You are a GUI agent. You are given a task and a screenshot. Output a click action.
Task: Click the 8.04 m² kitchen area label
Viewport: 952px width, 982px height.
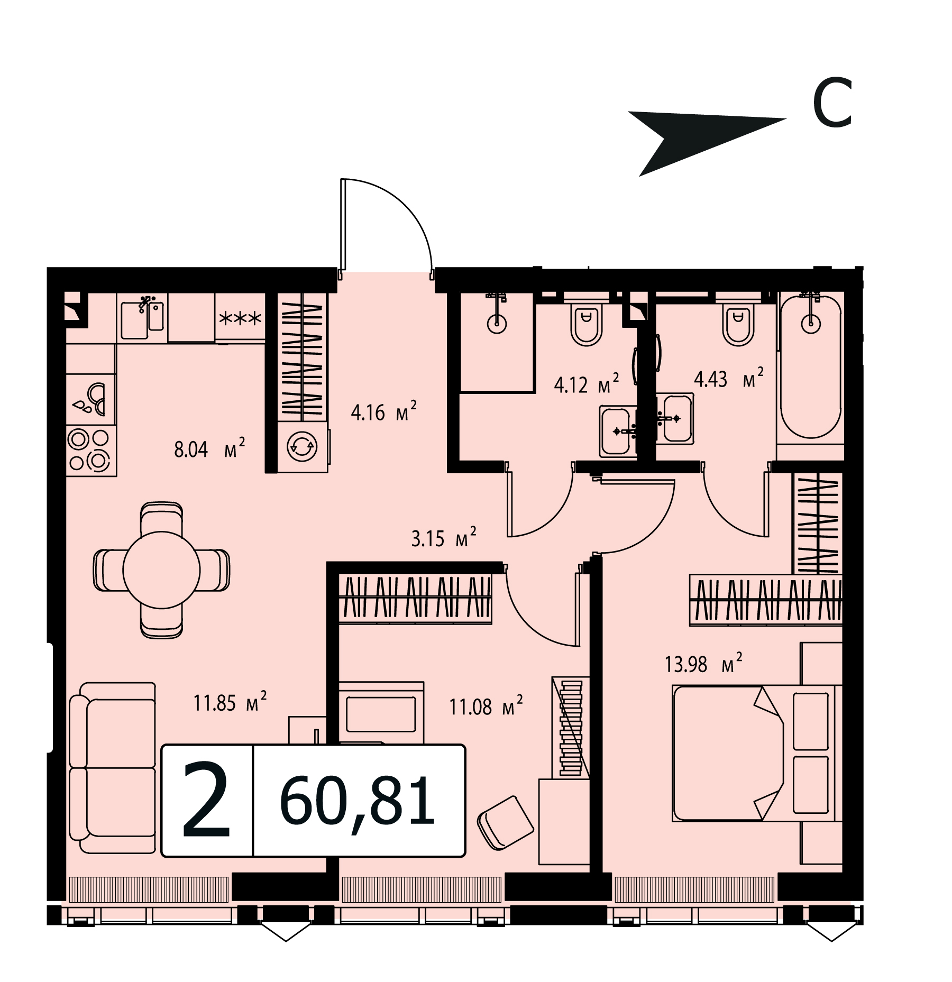tap(209, 449)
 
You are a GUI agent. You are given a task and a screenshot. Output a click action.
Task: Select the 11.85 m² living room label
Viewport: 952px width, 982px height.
tap(230, 702)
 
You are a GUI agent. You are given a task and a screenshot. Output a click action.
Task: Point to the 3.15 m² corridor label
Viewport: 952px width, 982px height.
tap(444, 538)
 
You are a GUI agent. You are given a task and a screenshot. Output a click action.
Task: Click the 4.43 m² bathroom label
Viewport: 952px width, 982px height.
tap(729, 379)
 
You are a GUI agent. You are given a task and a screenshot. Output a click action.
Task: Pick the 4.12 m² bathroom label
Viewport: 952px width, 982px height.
tap(586, 384)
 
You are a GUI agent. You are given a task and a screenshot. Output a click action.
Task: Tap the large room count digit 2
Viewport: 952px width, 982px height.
tap(207, 800)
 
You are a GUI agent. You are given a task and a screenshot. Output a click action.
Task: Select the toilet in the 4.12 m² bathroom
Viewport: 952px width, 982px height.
tap(586, 323)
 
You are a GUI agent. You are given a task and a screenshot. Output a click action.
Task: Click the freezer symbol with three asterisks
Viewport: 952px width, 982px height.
tap(240, 318)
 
